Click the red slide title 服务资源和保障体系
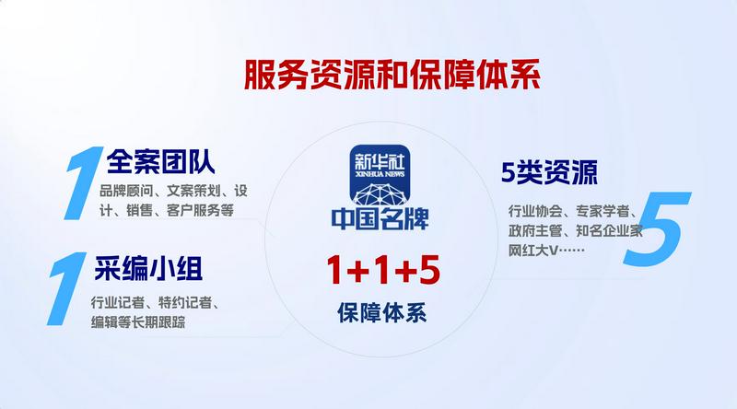pyautogui.click(x=392, y=75)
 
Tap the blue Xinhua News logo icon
pyautogui.click(x=380, y=174)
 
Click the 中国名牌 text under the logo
pyautogui.click(x=380, y=218)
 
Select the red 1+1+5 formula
pyautogui.click(x=383, y=270)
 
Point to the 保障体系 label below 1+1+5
pyautogui.click(x=381, y=312)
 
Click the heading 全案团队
pyautogui.click(x=160, y=161)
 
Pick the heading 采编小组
pyautogui.click(x=148, y=268)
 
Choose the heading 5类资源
pyautogui.click(x=549, y=172)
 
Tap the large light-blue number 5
pyautogui.click(x=656, y=228)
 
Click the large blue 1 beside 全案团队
pyautogui.click(x=83, y=183)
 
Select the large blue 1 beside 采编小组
pyautogui.click(x=66, y=288)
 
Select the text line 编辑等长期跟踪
pyautogui.click(x=138, y=322)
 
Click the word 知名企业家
pyautogui.click(x=609, y=231)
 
